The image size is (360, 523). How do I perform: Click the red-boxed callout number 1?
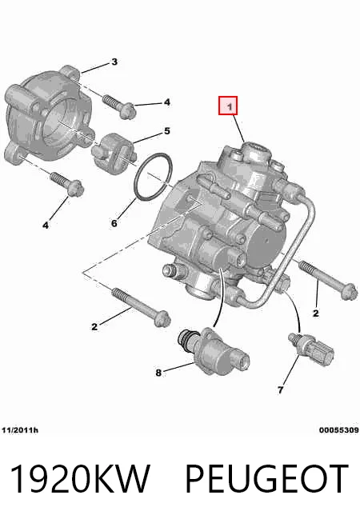point(230,106)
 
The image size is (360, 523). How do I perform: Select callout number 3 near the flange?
point(114,62)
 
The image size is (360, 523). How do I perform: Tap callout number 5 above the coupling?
point(167,131)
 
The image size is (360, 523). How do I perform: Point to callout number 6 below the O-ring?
point(114,223)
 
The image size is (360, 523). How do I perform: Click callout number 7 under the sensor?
point(280,389)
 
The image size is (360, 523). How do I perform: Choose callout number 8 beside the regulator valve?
point(158,373)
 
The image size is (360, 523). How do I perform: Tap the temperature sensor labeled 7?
point(311,349)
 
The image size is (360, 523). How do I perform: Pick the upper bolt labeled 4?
point(119,106)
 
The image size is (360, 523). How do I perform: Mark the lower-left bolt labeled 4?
point(67,184)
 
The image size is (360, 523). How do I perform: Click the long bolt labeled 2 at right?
point(328,281)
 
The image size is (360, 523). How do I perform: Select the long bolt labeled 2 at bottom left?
point(141,307)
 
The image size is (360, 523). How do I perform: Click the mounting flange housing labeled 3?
point(48,117)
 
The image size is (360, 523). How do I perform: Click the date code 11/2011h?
point(20,430)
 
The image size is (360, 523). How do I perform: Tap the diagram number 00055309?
point(338,430)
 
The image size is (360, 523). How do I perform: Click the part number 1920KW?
point(80,479)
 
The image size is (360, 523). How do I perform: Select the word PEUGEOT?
point(267,479)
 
